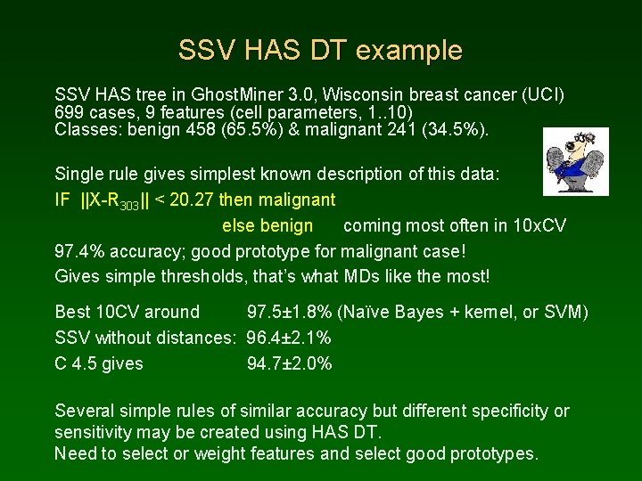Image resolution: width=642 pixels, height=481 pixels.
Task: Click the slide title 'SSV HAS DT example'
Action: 320,50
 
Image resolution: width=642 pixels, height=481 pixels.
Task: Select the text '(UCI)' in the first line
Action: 542,94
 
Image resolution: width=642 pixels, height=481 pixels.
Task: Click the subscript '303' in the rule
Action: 127,204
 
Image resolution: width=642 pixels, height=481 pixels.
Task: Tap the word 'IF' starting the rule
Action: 62,200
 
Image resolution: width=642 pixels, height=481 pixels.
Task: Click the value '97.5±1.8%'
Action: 290,312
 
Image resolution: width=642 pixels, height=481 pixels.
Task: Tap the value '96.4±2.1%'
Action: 289,338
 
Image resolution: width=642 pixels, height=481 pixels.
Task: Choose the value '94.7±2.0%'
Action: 289,363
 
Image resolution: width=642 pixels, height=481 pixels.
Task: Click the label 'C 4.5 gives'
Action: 99,363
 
